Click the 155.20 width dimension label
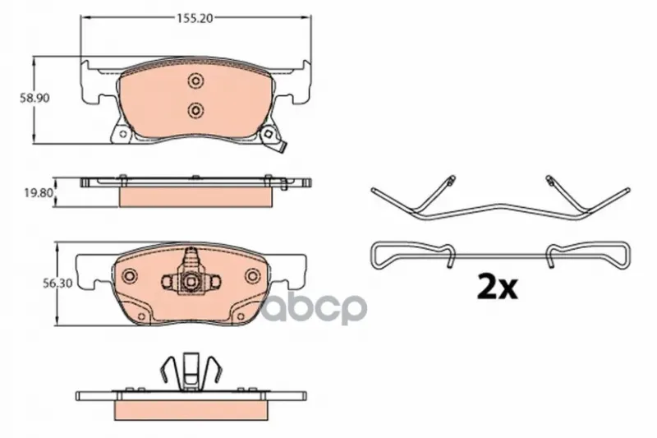click(195, 18)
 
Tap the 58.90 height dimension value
click(35, 98)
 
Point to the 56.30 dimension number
click(57, 284)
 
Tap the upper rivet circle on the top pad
click(195, 81)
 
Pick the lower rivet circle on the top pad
click(195, 110)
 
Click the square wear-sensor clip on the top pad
click(269, 135)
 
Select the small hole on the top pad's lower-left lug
click(122, 135)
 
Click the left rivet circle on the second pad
click(129, 275)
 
